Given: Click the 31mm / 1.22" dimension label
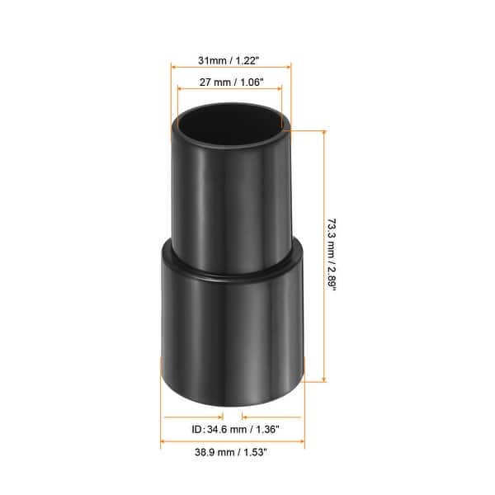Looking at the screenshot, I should coord(230,59).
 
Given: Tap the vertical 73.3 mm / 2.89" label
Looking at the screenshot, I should coord(332,255).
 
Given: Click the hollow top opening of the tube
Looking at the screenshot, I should coord(229,122).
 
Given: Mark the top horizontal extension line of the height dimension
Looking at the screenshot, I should coord(305,130).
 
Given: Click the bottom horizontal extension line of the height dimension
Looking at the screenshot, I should coord(316,380).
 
